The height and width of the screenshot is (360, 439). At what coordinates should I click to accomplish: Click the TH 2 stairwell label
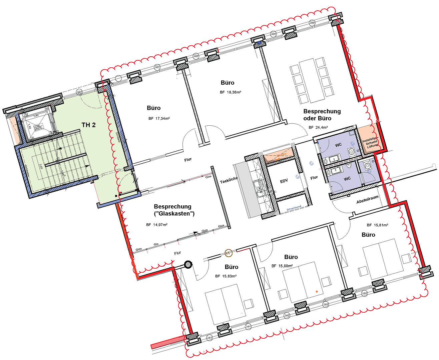click(x=88, y=125)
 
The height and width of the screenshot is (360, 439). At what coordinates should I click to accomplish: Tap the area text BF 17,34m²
click(x=159, y=118)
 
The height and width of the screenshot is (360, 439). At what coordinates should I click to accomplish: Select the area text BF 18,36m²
click(x=231, y=92)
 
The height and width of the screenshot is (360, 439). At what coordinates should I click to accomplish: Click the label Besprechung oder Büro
click(x=322, y=115)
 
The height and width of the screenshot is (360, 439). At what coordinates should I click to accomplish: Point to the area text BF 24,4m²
click(x=318, y=127)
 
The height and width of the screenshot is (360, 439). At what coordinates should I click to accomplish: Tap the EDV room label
click(x=284, y=181)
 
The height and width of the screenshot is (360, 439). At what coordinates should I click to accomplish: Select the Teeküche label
click(x=229, y=180)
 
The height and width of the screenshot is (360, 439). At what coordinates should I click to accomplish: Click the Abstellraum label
click(x=367, y=200)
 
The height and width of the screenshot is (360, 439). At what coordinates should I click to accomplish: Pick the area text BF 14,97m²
click(x=157, y=225)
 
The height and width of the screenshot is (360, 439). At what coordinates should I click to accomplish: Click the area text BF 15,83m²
click(x=226, y=276)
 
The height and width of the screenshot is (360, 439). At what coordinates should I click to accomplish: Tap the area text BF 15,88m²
click(x=282, y=266)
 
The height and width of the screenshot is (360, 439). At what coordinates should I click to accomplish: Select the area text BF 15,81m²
click(x=377, y=225)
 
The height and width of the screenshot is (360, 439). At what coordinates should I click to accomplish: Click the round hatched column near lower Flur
click(x=189, y=265)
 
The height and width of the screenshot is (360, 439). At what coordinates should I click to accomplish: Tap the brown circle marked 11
click(x=229, y=253)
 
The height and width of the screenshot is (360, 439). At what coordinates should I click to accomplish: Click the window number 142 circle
click(x=209, y=338)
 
